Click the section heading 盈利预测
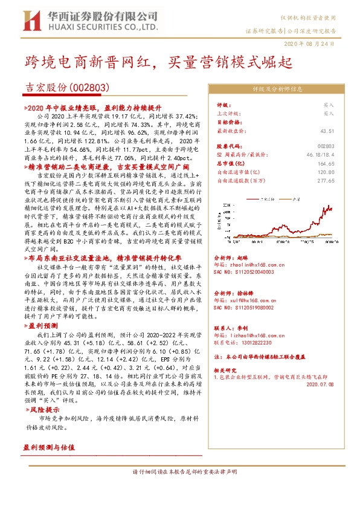44,325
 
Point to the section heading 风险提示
44,409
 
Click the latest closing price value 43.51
327,131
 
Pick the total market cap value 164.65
326,163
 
